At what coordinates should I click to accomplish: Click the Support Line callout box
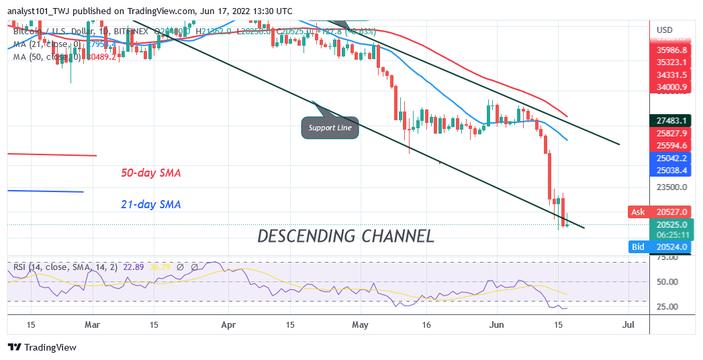[330, 127]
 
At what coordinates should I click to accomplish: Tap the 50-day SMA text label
[151, 173]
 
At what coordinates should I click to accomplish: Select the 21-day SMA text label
[151, 204]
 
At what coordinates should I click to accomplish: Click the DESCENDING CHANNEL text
[346, 236]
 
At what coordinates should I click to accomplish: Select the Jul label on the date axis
[628, 324]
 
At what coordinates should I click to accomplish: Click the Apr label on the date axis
[230, 324]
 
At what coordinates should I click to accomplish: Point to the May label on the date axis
[361, 324]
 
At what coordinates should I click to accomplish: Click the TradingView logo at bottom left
[42, 347]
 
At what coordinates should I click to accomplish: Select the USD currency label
[664, 30]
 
